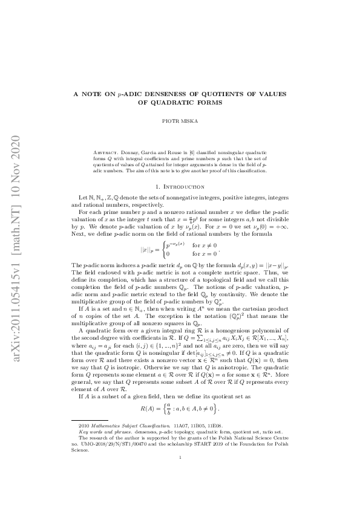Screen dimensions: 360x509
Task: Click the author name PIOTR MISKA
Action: click(180, 121)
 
